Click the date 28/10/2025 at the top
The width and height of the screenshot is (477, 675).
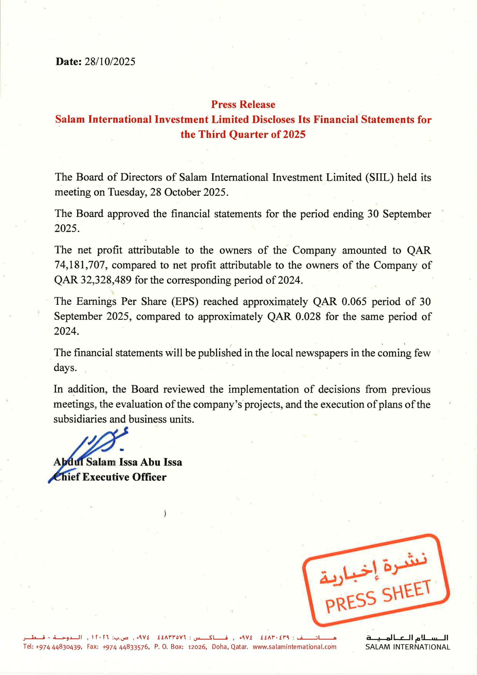coord(110,61)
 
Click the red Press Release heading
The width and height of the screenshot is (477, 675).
coord(243,104)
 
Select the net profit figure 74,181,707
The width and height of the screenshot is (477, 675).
coord(80,265)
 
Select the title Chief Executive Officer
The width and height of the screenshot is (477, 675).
coord(110,477)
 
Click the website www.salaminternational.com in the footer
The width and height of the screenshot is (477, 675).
coord(294,647)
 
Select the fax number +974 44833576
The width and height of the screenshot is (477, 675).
coord(127,647)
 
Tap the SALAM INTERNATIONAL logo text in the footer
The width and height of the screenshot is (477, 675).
coord(407,647)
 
